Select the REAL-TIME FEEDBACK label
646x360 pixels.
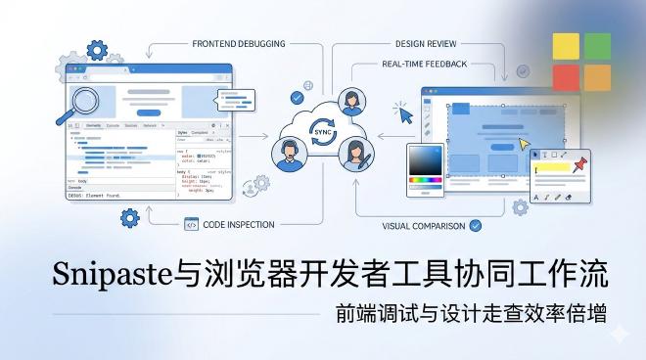(x=424, y=64)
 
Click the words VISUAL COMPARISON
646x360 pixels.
(x=424, y=225)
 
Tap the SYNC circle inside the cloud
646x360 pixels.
(x=321, y=136)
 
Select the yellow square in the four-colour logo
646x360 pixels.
(x=566, y=46)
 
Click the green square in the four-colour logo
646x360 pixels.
(x=597, y=46)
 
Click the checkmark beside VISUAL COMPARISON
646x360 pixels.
(x=476, y=225)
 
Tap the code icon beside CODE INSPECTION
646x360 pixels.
(x=190, y=224)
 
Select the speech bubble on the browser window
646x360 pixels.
(x=237, y=98)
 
